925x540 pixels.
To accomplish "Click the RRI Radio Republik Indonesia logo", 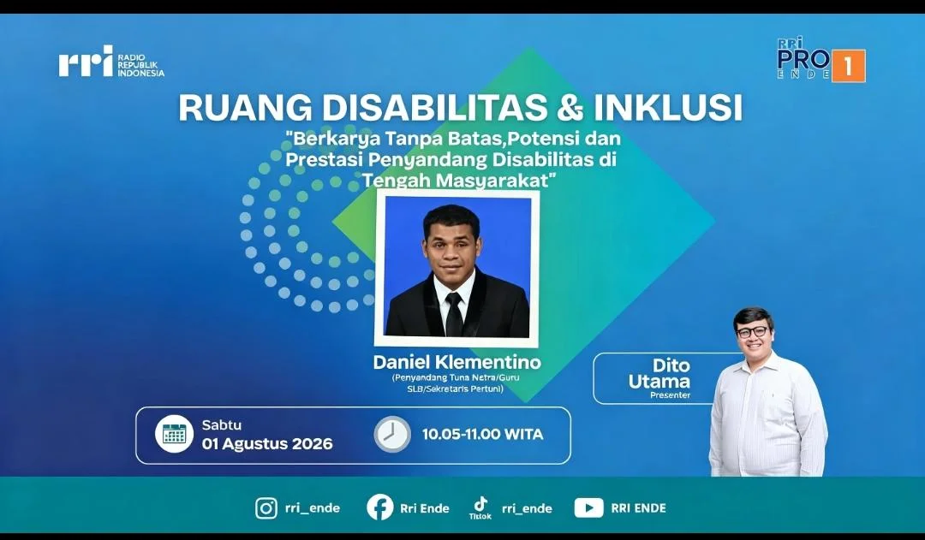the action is pyautogui.click(x=111, y=62).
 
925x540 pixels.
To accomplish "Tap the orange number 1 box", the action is pyautogui.click(x=848, y=66).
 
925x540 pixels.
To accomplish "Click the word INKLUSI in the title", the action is pyautogui.click(x=668, y=107).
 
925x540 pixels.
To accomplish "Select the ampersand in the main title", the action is pyautogui.click(x=570, y=107).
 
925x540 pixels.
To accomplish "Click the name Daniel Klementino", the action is pyautogui.click(x=457, y=361).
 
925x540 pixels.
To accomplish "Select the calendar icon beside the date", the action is pyautogui.click(x=174, y=434).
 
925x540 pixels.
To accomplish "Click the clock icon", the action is pyautogui.click(x=392, y=435).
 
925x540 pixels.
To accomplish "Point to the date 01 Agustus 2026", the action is pyautogui.click(x=267, y=444).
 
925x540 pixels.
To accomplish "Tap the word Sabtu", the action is pyautogui.click(x=222, y=424).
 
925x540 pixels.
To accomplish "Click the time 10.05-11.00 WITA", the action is pyautogui.click(x=482, y=435).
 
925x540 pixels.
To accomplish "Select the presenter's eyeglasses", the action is pyautogui.click(x=752, y=333).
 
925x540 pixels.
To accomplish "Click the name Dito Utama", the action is pyautogui.click(x=659, y=373).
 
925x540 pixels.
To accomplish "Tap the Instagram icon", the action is pyautogui.click(x=266, y=508).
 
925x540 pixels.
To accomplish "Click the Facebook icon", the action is pyautogui.click(x=380, y=507).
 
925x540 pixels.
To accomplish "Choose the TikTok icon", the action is pyautogui.click(x=480, y=504).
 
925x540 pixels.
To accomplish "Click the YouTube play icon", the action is pyautogui.click(x=588, y=508).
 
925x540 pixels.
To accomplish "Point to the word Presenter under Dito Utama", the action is pyautogui.click(x=670, y=395).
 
